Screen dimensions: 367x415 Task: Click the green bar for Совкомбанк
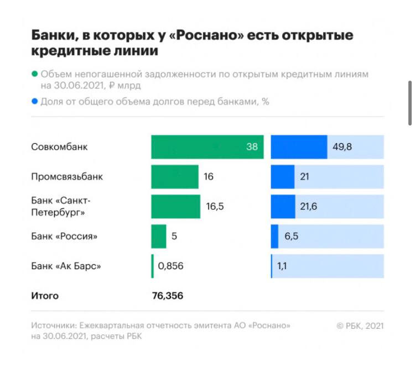click(207, 147)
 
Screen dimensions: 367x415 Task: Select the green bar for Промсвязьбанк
click(174, 177)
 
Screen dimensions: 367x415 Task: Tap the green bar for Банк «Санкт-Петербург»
click(175, 207)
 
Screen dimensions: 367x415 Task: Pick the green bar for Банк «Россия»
click(158, 236)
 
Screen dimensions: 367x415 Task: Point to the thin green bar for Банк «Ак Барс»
click(152, 266)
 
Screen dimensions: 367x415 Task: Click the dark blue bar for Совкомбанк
click(299, 147)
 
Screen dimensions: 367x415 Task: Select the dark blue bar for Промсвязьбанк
click(283, 177)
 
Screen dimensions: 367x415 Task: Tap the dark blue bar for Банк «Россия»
click(274, 236)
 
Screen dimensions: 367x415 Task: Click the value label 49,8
click(341, 147)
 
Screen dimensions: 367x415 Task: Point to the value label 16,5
click(216, 207)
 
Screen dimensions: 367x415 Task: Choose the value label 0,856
click(170, 266)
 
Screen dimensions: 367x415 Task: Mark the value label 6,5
click(292, 236)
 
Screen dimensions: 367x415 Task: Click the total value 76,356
click(167, 296)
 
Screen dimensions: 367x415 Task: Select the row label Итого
click(45, 296)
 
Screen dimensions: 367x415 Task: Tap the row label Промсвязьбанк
click(67, 177)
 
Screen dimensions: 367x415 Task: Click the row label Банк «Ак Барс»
click(66, 266)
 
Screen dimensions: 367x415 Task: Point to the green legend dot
click(35, 74)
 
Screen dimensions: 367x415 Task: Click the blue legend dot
click(35, 102)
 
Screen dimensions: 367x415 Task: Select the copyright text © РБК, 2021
click(360, 326)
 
